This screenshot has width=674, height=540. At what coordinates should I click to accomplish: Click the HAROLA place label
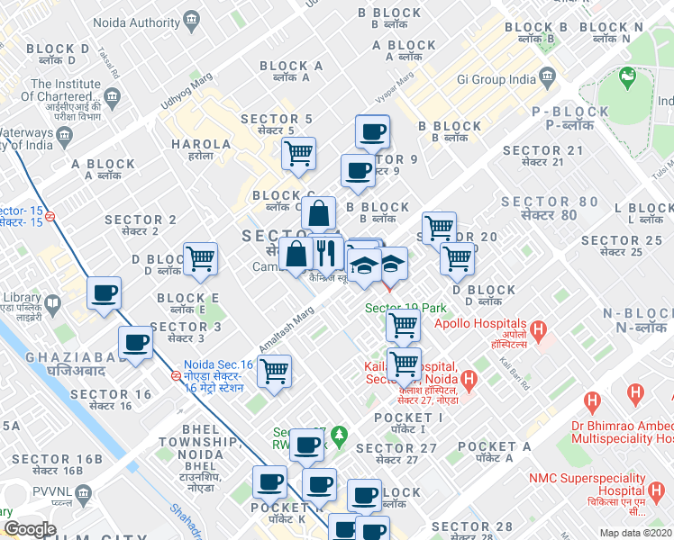(x=200, y=144)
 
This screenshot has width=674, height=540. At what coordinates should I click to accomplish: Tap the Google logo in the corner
(x=30, y=528)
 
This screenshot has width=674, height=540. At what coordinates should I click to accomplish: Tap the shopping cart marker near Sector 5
(x=298, y=152)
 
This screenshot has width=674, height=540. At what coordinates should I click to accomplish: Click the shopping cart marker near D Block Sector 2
(x=200, y=258)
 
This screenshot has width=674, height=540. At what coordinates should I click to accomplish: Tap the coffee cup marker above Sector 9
(x=371, y=132)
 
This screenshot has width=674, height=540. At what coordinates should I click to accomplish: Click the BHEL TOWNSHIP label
(x=189, y=442)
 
